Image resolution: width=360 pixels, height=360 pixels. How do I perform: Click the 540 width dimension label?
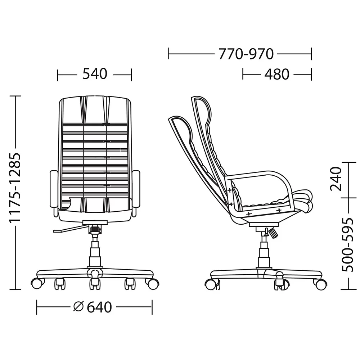[95, 74]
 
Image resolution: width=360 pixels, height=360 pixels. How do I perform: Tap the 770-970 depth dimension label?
[246, 54]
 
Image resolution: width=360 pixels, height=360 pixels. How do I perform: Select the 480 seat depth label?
[277, 74]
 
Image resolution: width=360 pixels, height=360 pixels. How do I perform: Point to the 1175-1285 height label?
[15, 187]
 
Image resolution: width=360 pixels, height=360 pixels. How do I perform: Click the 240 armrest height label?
[336, 179]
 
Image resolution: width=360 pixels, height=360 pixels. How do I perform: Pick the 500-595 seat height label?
[347, 244]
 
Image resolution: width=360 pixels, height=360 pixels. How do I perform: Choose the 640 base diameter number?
[99, 307]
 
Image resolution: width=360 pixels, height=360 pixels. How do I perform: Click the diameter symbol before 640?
[78, 307]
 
